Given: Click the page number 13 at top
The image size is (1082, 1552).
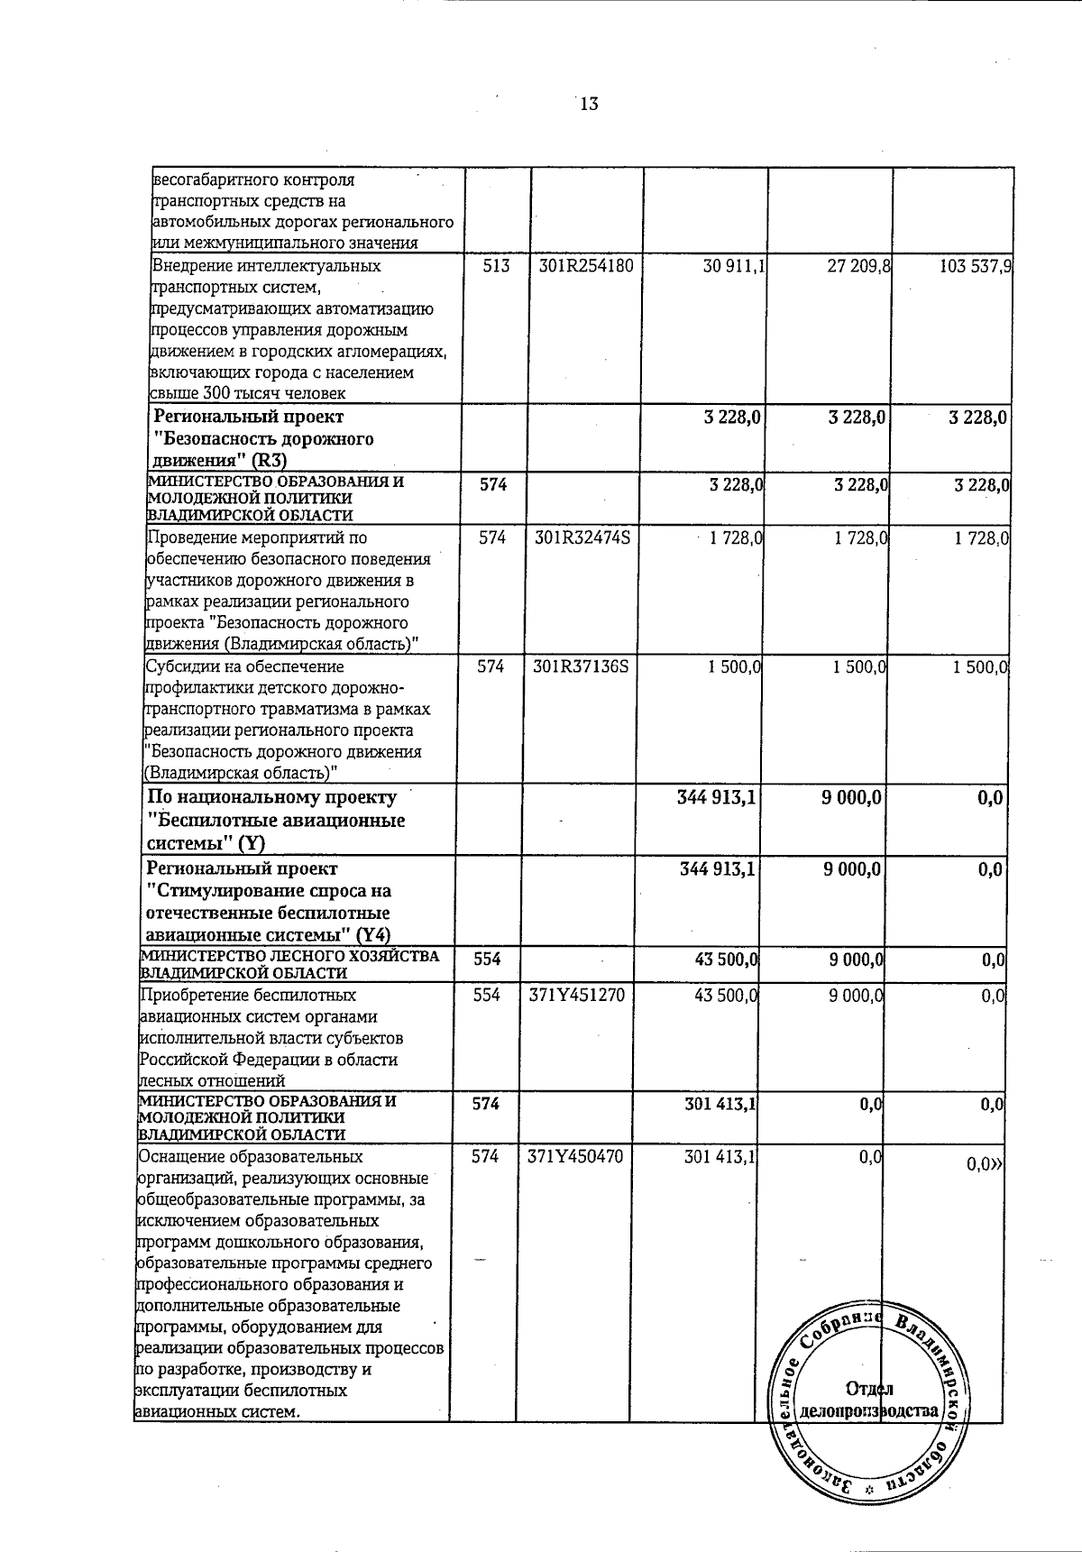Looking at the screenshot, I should click(x=589, y=104).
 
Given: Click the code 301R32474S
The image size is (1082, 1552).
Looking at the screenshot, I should click(x=582, y=538).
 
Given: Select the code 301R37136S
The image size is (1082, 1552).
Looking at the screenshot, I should click(x=582, y=667).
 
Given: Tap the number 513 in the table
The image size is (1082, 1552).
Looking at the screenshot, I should click(x=496, y=267).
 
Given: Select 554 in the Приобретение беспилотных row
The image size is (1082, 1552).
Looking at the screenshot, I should click(x=486, y=996).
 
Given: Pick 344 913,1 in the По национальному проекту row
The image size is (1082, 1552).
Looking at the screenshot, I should click(x=716, y=797).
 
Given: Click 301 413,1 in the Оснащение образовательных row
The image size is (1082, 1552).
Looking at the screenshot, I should click(x=718, y=1157).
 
